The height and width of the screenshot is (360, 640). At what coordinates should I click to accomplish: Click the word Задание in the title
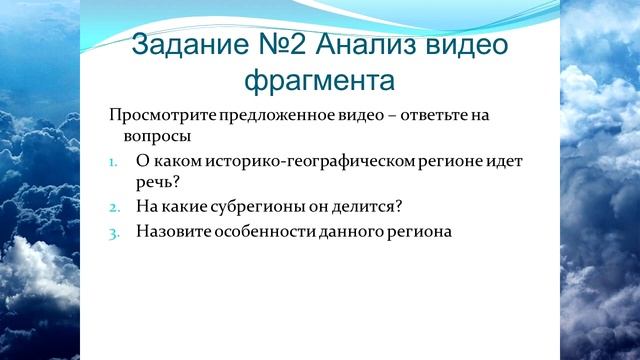[x=189, y=45]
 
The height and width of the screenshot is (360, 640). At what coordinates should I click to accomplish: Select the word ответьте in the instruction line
[x=410, y=115]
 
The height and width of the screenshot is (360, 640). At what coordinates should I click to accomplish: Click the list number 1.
[x=114, y=161]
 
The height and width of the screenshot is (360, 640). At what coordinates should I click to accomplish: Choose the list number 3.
[x=114, y=232]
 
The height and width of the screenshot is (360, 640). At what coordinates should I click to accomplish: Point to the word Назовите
[x=170, y=231]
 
